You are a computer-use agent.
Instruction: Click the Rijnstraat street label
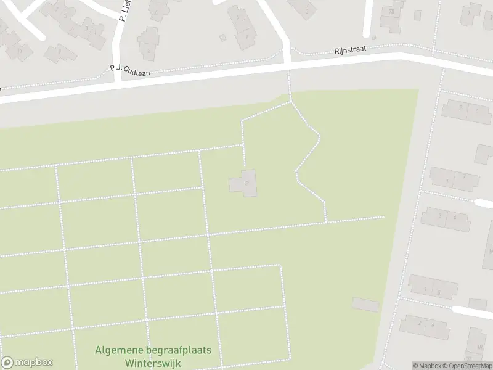[x=351, y=50]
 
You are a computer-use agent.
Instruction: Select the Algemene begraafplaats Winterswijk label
[x=153, y=356]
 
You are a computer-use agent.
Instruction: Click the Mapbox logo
[x=27, y=363]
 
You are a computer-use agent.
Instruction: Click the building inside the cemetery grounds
[x=245, y=183]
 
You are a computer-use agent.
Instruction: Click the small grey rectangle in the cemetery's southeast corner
[x=365, y=305]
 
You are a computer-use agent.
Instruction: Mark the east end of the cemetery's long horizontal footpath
[x=383, y=216]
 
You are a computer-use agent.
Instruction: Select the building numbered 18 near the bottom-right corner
[x=476, y=339]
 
